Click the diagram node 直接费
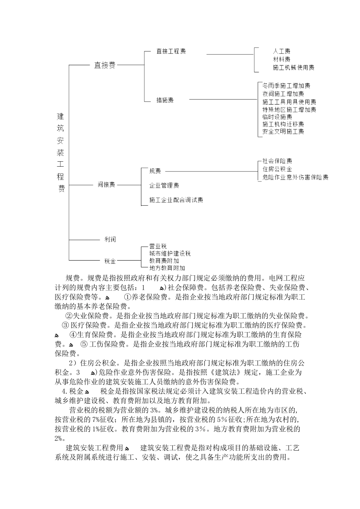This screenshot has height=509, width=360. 105,65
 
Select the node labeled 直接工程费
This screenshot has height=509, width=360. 171,51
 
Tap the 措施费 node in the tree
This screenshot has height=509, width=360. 165,100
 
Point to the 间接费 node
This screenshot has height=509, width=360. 106,185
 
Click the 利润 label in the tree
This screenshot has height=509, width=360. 110,239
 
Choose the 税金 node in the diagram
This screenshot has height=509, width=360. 110,261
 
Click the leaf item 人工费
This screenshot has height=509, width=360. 282,51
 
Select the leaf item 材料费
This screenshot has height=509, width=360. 282,59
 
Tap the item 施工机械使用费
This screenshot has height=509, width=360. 293,68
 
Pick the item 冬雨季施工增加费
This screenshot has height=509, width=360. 286,86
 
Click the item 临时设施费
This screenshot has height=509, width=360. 277,117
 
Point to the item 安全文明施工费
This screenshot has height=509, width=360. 283,132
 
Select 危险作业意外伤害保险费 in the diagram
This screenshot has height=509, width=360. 295,177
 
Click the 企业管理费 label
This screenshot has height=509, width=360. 164,185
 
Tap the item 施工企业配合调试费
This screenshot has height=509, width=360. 176,200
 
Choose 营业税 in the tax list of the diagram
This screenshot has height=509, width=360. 158,246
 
